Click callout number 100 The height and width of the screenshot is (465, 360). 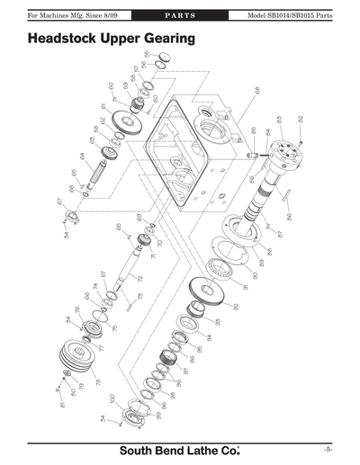[111, 398]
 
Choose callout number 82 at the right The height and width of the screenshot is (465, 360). [301, 119]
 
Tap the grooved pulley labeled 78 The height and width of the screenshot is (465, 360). [76, 357]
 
